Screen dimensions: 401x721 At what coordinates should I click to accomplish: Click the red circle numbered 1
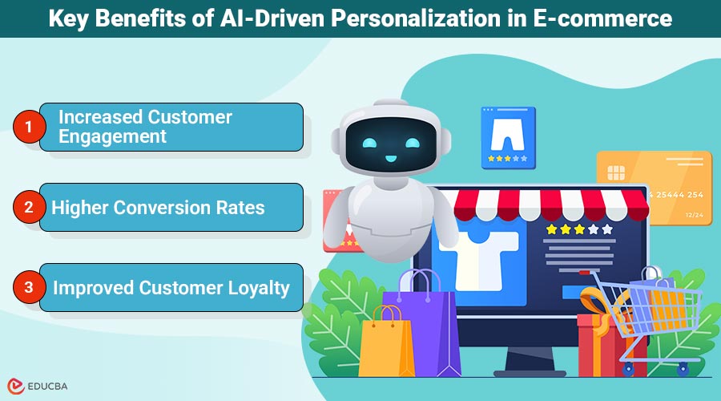click(29, 127)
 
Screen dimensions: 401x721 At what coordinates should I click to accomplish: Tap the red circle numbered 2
click(29, 207)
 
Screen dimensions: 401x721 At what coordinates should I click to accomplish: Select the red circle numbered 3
click(29, 287)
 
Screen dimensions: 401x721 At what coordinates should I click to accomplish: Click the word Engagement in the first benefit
click(112, 136)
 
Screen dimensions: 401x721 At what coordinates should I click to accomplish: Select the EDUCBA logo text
click(50, 384)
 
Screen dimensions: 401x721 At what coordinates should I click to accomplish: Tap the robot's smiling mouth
click(391, 158)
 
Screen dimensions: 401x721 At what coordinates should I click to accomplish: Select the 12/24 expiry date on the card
click(694, 214)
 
